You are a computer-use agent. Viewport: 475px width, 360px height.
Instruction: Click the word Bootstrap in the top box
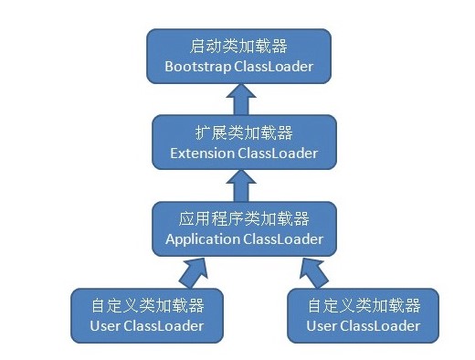(x=196, y=67)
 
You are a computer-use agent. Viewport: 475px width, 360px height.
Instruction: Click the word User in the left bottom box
(x=105, y=325)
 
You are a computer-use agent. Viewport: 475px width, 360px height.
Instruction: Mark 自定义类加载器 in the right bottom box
(x=364, y=305)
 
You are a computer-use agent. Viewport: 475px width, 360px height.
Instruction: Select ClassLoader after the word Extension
(x=278, y=153)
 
